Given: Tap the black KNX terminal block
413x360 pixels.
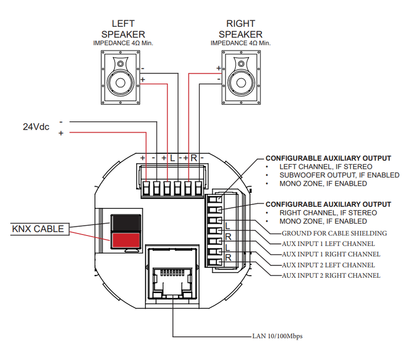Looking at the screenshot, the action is tap(126, 223).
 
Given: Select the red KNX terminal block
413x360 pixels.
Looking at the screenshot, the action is tap(126, 240).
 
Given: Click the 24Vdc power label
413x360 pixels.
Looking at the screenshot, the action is tap(36, 127).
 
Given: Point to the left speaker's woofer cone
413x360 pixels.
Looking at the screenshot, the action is tap(120, 83).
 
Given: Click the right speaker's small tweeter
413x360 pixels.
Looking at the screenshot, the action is tap(241, 64).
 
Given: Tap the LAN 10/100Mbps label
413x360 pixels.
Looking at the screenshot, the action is tap(277, 336).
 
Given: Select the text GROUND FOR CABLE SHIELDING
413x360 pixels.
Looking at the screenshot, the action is tap(334, 233).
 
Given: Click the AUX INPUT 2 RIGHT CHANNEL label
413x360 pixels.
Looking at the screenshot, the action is tap(331, 275).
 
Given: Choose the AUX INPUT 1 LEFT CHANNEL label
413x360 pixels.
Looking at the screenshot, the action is tap(328, 243).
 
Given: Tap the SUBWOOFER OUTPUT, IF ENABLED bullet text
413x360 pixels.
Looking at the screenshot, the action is tap(339, 175).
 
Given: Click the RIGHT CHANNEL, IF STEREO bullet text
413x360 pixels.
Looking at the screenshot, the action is tap(328, 213).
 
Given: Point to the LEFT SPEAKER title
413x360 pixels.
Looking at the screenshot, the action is tap(123, 29).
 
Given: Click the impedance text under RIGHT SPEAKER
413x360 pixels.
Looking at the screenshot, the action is tap(240, 43).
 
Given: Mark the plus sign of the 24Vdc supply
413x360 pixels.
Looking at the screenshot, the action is tap(61, 133).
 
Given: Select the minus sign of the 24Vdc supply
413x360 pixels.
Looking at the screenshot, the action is tap(61, 122).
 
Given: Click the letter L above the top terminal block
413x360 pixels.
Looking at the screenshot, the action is tap(172, 158).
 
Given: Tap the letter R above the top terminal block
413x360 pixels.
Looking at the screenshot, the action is tap(194, 158).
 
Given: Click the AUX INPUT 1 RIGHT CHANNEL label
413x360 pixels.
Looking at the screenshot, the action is tap(331, 254).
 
